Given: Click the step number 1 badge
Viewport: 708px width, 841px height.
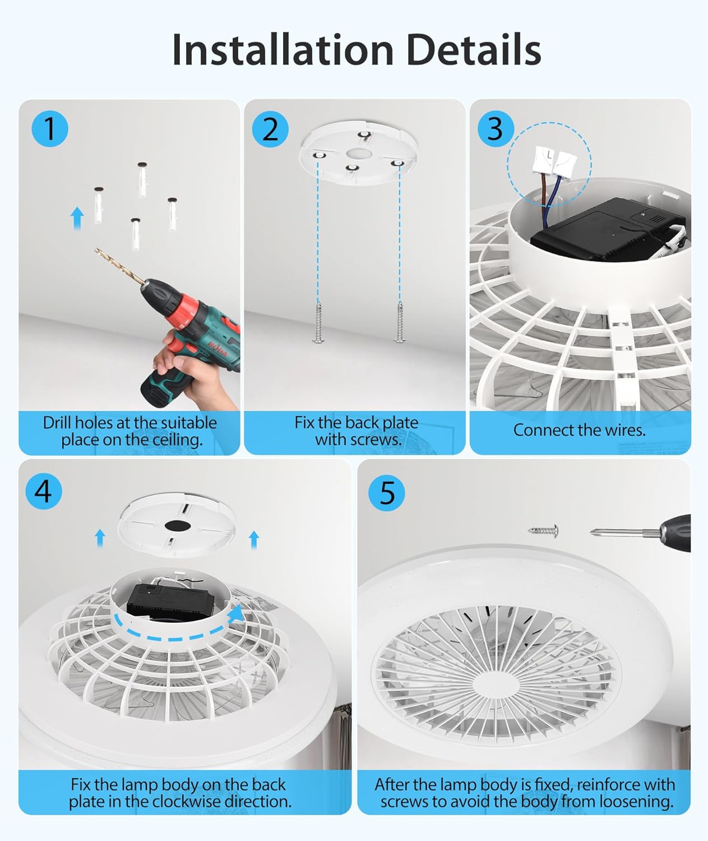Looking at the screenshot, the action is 50,129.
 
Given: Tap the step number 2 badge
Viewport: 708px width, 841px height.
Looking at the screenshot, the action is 270,129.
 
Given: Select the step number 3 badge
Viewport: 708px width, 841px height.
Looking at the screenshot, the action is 496,129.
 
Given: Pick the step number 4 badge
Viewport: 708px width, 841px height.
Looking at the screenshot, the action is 44,491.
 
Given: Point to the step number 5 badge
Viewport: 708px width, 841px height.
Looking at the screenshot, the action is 387,493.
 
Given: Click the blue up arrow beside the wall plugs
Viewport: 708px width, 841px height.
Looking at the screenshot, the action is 77,218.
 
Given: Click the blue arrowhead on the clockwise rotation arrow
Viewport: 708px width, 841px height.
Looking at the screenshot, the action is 236,614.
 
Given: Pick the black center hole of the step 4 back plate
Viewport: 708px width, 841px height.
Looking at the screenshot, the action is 178,525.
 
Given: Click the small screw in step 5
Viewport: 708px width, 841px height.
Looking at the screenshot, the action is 543,530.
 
